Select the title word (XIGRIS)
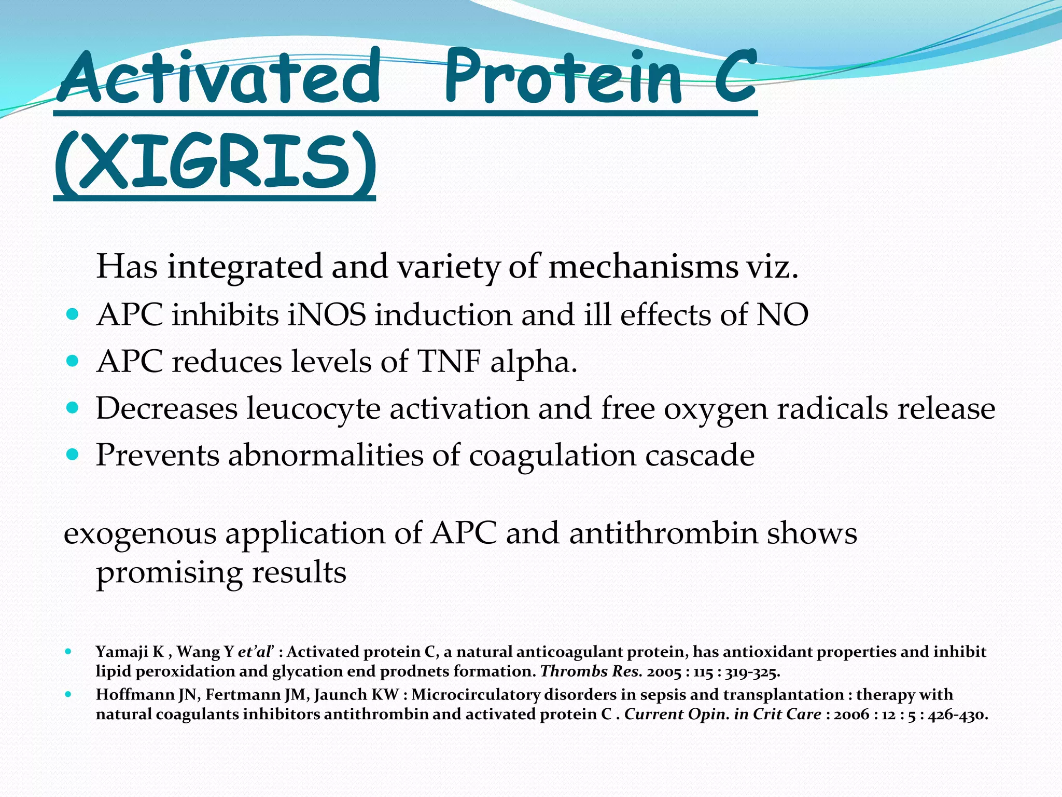coord(214,162)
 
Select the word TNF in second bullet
coord(449,362)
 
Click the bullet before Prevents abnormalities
coord(73,455)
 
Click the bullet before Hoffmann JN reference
coord(68,694)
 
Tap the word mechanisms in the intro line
coord(644,267)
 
